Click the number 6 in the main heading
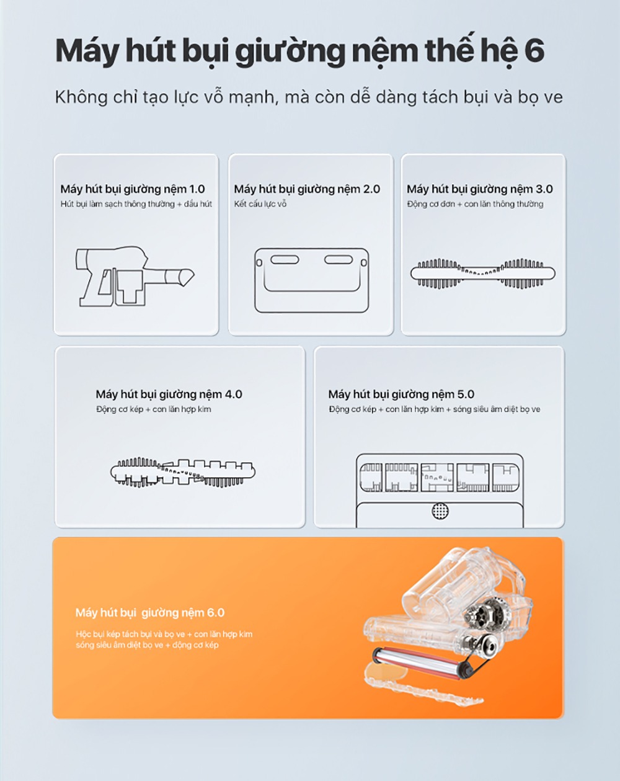(534, 51)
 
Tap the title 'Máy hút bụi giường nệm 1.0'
(133, 189)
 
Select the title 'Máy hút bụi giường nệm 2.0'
(307, 189)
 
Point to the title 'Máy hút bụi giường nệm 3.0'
(480, 189)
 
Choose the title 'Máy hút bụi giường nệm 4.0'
(169, 394)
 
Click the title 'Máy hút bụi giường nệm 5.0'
(401, 394)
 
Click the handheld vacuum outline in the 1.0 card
(135, 276)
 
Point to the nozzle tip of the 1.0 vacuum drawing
(193, 277)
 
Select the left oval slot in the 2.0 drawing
(285, 260)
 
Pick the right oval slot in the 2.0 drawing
(339, 260)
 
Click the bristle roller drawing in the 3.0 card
(482, 273)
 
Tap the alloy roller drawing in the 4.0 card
(183, 472)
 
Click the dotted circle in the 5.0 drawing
(440, 511)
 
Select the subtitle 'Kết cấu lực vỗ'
(260, 204)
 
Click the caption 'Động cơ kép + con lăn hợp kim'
(154, 409)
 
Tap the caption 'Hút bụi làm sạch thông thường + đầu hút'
(136, 204)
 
